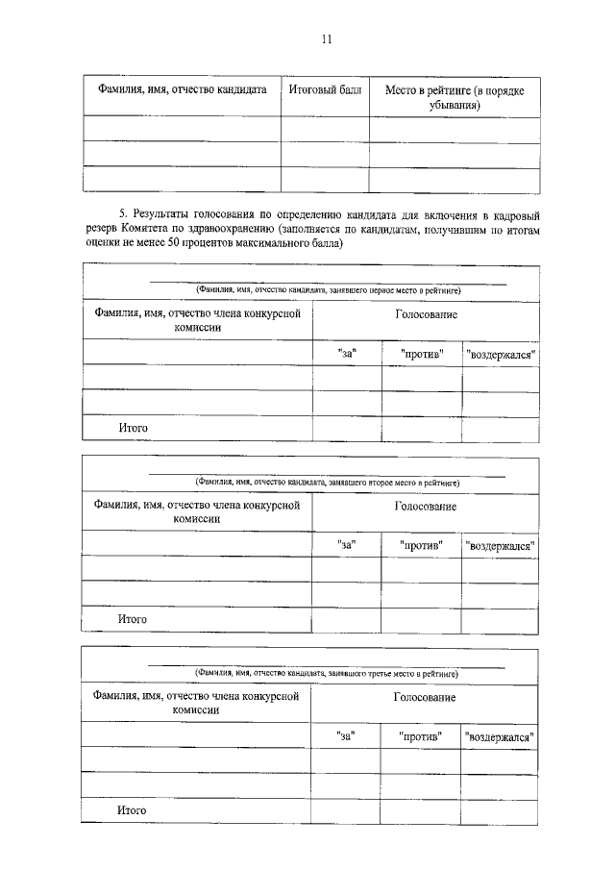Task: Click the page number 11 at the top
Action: coord(326,39)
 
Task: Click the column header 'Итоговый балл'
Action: coord(325,90)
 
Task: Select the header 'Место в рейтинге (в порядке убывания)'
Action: coord(455,97)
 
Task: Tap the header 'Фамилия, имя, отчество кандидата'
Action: coord(182,90)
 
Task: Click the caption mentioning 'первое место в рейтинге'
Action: coord(327,288)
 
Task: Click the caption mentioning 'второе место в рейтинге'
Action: coord(327,481)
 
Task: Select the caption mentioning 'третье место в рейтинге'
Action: coord(327,672)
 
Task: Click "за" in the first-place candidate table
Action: coord(347,354)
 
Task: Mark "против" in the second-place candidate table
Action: coord(421,545)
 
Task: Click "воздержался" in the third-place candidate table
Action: coord(500,736)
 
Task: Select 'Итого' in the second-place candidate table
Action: coord(133,619)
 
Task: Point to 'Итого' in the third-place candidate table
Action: coord(132,810)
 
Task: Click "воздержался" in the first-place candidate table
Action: coord(500,355)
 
